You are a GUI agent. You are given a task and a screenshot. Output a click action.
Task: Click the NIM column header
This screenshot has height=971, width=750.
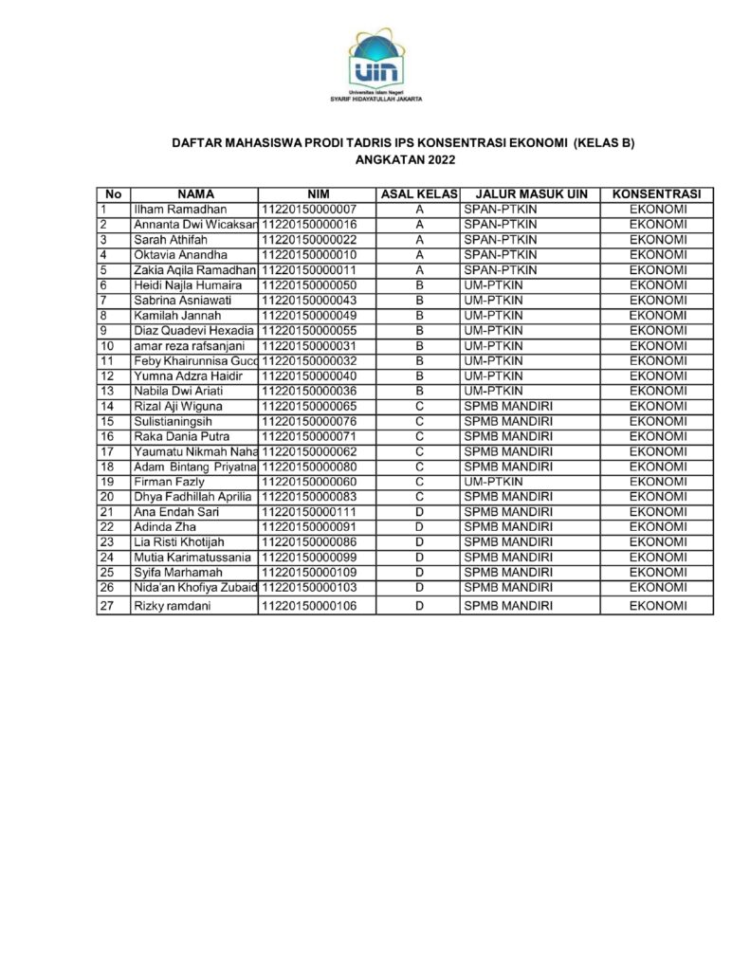point(317,193)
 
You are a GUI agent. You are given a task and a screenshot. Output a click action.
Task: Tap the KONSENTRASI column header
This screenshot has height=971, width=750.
point(656,193)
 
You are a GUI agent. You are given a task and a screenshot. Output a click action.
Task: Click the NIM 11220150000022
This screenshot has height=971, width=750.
point(309,239)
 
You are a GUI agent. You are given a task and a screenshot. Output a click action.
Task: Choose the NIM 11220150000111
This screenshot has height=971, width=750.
point(309,512)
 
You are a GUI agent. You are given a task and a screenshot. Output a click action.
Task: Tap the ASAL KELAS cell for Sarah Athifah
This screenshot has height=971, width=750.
point(418,239)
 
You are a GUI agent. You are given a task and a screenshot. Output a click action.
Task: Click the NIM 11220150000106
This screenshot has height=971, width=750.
point(309,605)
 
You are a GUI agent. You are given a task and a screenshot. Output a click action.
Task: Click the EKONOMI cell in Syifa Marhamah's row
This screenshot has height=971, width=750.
point(656,573)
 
